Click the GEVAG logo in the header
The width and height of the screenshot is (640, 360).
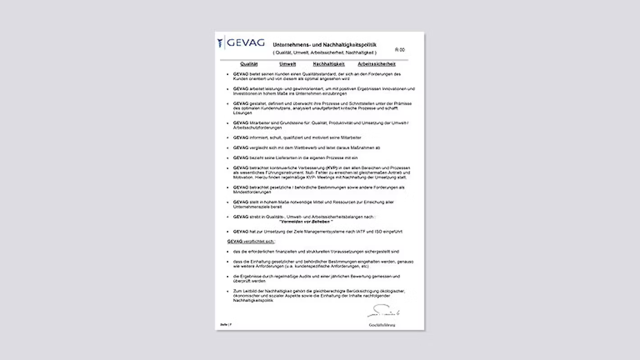(241, 43)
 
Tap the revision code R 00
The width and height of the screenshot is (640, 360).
(400, 50)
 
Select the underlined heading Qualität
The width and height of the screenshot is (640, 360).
(249, 64)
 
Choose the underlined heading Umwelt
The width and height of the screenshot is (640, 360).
(288, 64)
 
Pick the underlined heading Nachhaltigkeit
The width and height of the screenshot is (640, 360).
(329, 64)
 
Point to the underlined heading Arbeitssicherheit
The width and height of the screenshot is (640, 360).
(376, 64)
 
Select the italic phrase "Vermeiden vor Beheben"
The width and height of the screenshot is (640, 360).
(306, 222)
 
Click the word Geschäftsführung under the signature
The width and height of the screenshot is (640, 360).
(382, 325)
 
